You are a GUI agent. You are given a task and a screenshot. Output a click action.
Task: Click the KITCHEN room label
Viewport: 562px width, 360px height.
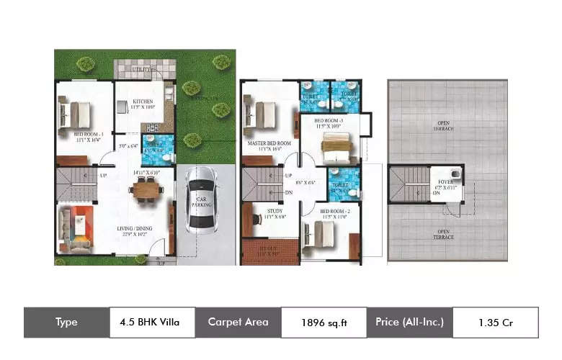tap(143, 102)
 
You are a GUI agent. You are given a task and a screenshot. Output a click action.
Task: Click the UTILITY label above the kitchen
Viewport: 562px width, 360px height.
tap(140, 70)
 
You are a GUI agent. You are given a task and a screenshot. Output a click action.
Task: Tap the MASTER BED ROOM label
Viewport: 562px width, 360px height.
tap(264, 143)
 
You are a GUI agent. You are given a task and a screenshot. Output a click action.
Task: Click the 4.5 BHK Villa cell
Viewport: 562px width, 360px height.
tap(152, 323)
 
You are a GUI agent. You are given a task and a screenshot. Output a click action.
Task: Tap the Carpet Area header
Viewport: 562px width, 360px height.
tap(238, 323)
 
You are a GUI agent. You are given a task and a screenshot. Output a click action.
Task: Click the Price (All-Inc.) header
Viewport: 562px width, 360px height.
tap(409, 323)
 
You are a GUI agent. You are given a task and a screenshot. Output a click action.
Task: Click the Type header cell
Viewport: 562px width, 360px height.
tap(66, 323)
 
